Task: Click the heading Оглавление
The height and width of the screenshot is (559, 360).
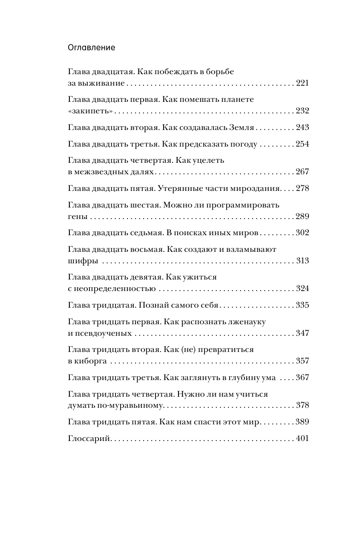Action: (91, 48)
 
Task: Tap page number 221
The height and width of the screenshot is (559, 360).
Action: (302, 83)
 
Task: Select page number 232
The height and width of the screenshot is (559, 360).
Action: (302, 111)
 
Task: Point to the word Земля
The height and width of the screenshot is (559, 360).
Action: (243, 127)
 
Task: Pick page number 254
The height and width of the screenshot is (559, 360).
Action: (302, 144)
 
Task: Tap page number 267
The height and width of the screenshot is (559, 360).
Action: (302, 172)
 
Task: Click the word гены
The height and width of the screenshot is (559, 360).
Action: (77, 216)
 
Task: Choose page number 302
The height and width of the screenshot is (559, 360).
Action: (302, 233)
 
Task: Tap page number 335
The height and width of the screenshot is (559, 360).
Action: (302, 305)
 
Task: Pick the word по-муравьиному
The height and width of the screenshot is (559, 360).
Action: (134, 406)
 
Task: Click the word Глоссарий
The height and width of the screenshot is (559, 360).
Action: (89, 438)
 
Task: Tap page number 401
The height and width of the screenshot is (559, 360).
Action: (302, 438)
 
